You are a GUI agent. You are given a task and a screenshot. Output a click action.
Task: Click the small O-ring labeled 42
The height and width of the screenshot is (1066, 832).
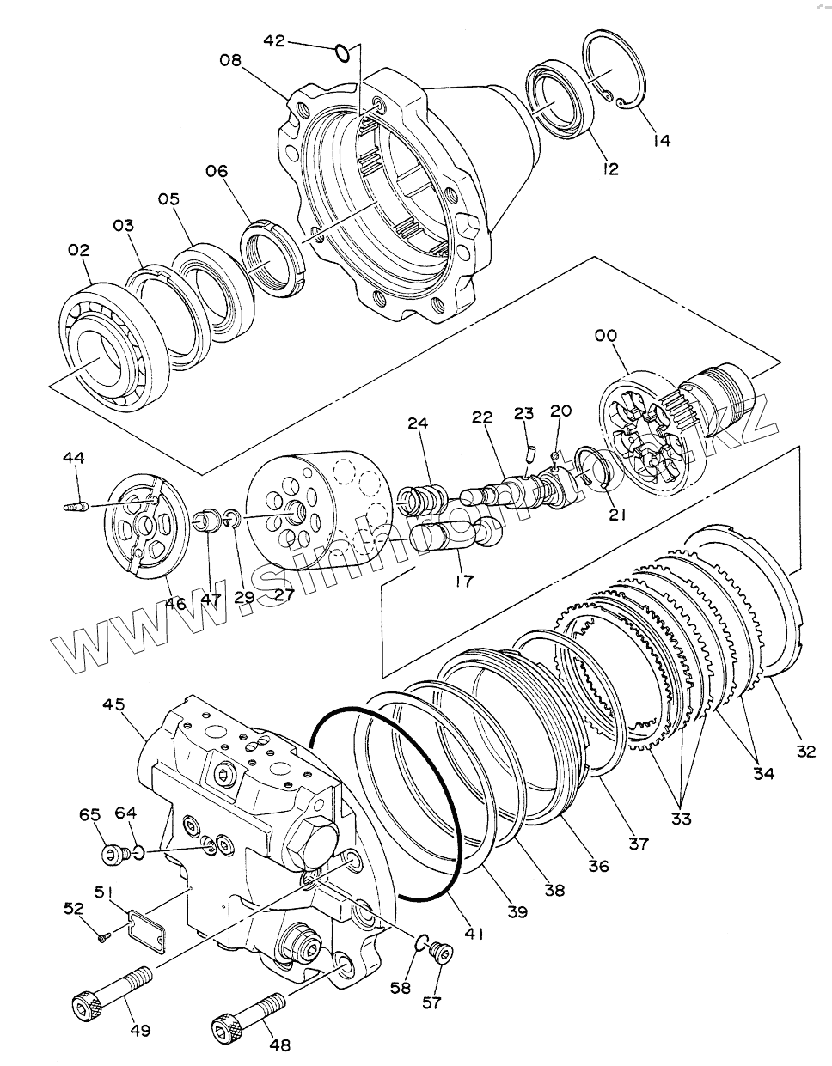pos(342,54)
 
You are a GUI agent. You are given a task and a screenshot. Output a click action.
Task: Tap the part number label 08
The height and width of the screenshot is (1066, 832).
pos(230,60)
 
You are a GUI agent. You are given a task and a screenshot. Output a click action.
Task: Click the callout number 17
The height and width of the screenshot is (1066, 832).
pos(464,581)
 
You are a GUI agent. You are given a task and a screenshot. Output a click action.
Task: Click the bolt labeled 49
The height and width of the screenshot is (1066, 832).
pos(112,992)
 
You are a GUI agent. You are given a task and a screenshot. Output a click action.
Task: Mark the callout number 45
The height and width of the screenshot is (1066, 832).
pos(113,704)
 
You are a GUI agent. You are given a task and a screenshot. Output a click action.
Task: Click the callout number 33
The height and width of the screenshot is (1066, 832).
pos(681,819)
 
